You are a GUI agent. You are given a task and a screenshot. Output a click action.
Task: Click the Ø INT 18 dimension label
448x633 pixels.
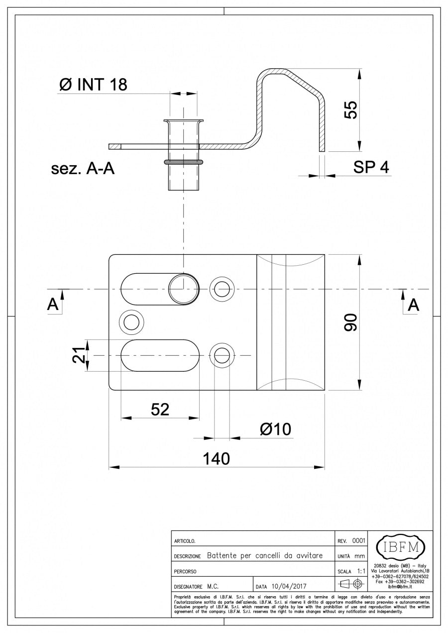93,85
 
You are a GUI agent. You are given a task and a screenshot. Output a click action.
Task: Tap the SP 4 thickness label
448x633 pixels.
371,168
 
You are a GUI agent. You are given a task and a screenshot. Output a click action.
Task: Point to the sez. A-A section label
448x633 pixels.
83,169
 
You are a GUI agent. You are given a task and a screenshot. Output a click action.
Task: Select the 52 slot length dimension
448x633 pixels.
160,409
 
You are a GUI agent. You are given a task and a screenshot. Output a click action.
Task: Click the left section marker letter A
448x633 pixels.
53,305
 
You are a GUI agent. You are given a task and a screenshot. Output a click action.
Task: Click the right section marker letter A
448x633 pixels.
413,305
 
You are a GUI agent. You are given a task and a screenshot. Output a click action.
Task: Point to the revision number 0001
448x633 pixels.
358,540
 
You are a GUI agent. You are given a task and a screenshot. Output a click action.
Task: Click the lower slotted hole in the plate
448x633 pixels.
160,356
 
